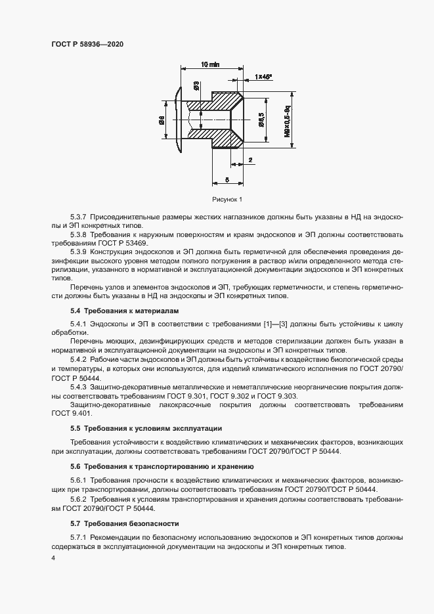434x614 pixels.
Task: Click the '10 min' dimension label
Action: tap(209, 64)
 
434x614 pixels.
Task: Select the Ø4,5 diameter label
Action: tap(261, 120)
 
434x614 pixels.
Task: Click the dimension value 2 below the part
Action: tap(250, 160)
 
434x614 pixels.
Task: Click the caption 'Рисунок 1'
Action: tap(227, 199)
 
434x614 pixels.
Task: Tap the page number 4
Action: tap(53, 558)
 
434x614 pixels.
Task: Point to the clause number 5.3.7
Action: tap(79, 217)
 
